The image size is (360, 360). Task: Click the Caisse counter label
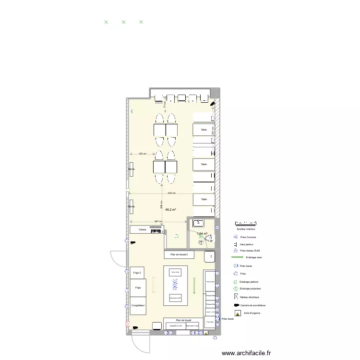[x=143, y=230]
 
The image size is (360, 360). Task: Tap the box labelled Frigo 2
[x=137, y=273]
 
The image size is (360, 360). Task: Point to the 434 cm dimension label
[x=171, y=193]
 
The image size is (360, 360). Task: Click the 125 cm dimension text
[x=142, y=154]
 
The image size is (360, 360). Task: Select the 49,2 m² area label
[x=170, y=210]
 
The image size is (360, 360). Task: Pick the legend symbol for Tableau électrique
[x=236, y=298]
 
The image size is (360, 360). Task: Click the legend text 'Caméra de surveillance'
[x=253, y=305]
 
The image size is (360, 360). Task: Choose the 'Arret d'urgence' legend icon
[x=236, y=312]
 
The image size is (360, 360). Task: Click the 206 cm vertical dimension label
[x=162, y=204]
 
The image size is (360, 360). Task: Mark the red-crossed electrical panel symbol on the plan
[x=128, y=324]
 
